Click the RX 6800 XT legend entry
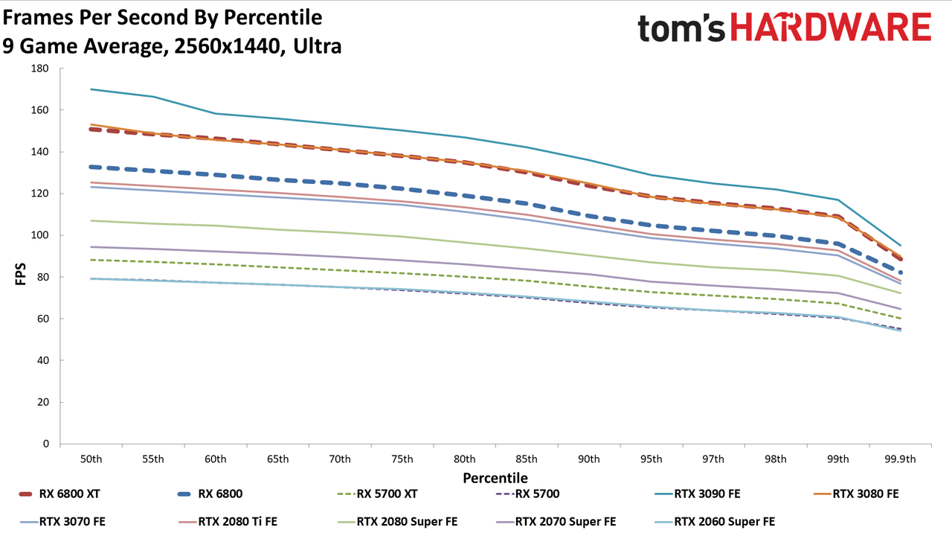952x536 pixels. point(59,494)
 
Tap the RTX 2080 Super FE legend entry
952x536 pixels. point(397,522)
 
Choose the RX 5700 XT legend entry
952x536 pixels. point(377,494)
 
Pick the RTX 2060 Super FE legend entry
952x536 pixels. point(715,522)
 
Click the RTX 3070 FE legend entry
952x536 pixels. point(62,522)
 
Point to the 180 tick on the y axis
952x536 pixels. point(40,68)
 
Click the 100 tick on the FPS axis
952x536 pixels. point(40,235)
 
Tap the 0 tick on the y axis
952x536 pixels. point(46,444)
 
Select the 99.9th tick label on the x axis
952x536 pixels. point(900,459)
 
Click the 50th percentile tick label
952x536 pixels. point(91,459)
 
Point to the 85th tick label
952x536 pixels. point(527,459)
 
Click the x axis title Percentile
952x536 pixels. point(495,478)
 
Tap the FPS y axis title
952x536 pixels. point(20,274)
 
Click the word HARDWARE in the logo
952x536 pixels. point(831,27)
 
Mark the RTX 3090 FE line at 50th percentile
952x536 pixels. point(91,89)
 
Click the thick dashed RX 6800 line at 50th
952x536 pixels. point(91,167)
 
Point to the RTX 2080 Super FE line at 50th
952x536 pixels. point(91,221)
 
